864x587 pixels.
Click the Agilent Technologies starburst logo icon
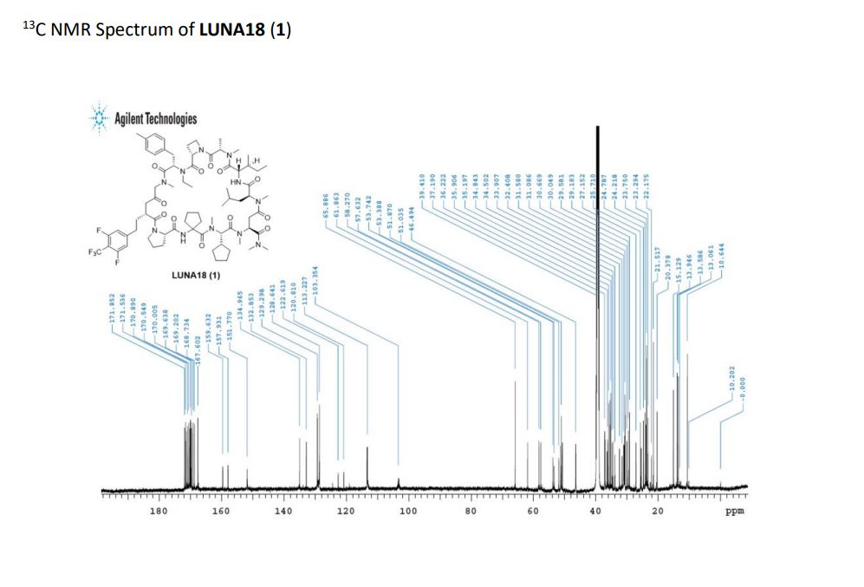pos(101,119)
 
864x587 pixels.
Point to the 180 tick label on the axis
pos(159,513)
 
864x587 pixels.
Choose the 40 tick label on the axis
pos(595,513)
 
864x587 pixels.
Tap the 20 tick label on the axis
pos(658,513)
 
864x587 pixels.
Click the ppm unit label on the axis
pos(735,513)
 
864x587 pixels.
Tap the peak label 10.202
pos(733,382)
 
